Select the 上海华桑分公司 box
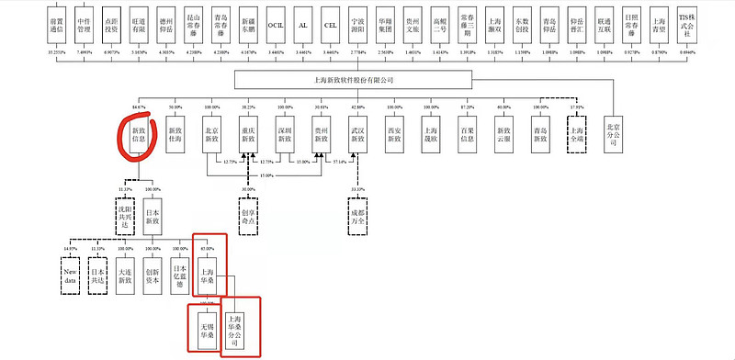(x=240, y=330)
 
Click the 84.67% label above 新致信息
(x=141, y=107)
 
